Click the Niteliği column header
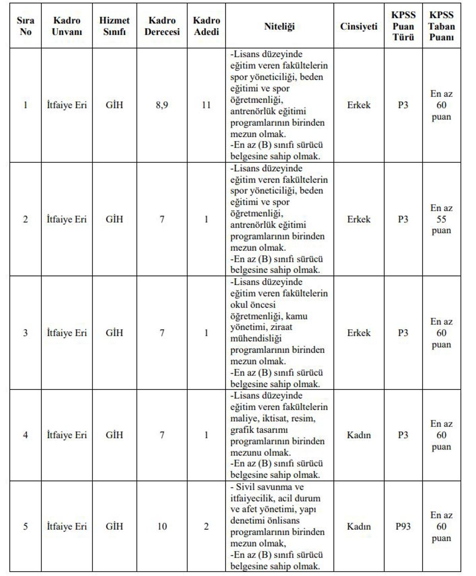pos(279,27)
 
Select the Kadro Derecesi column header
pos(162,26)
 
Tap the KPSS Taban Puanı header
pos(441,26)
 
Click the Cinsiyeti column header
pos(359,27)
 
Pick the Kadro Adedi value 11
pos(206,105)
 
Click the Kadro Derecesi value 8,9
pos(162,105)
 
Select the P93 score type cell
pos(403,526)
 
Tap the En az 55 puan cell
pos(441,219)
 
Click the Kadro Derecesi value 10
pos(162,526)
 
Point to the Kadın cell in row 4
pos(359,435)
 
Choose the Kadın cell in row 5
pos(359,526)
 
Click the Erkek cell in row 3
pos(359,333)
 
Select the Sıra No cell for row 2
pos(25,219)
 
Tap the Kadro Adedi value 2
pos(206,526)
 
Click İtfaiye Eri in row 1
pos(67,105)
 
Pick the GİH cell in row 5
pos(114,526)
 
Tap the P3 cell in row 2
pos(403,219)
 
